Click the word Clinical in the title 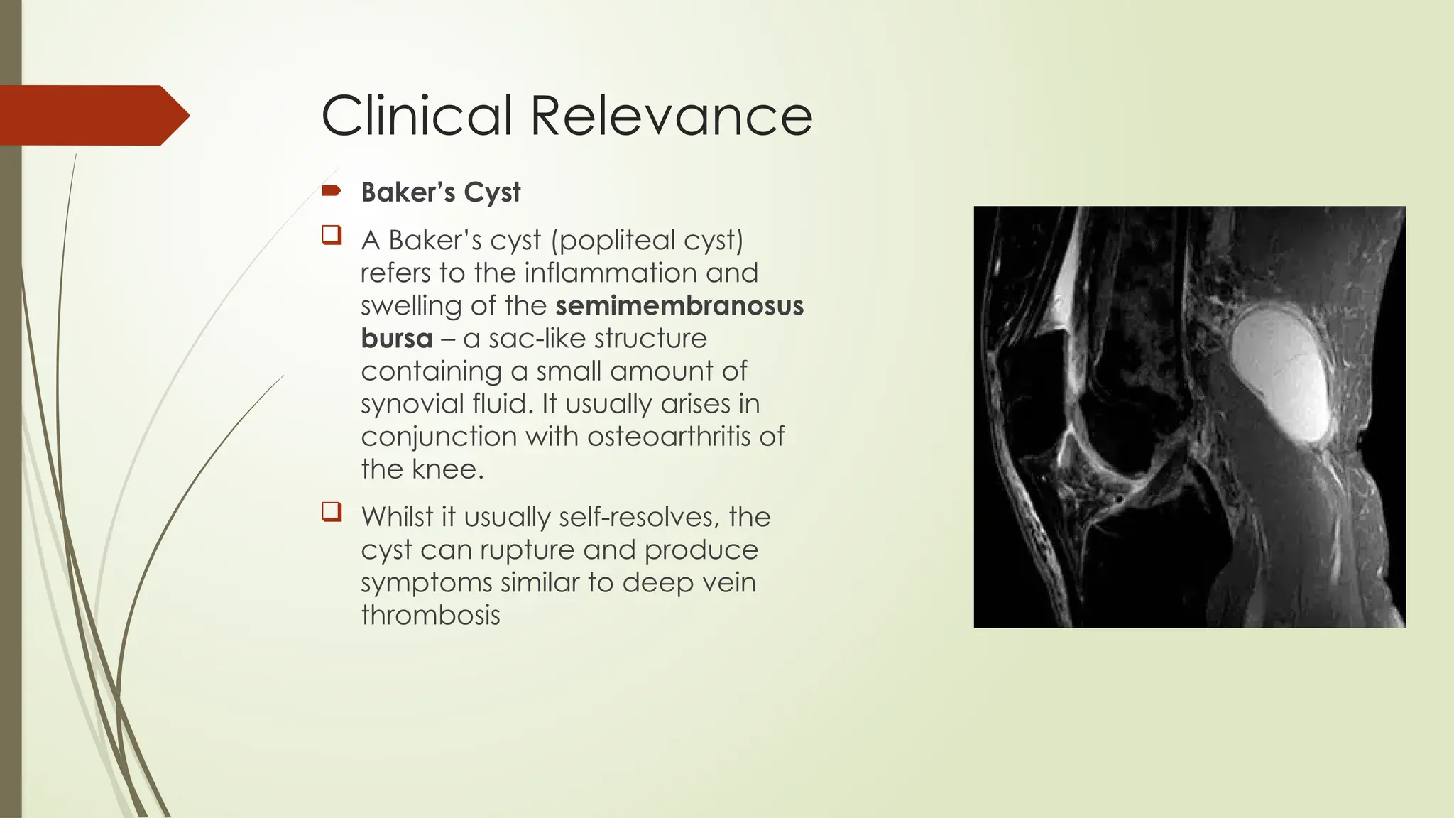[417, 116]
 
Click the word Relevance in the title [671, 116]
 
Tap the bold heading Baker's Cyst [440, 192]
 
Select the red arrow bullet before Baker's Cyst [331, 190]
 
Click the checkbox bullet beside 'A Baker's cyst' [332, 235]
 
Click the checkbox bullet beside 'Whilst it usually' [332, 512]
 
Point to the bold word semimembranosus [679, 306]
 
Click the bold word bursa [396, 339]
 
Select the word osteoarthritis [669, 437]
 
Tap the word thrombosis [430, 616]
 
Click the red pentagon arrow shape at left [92, 115]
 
